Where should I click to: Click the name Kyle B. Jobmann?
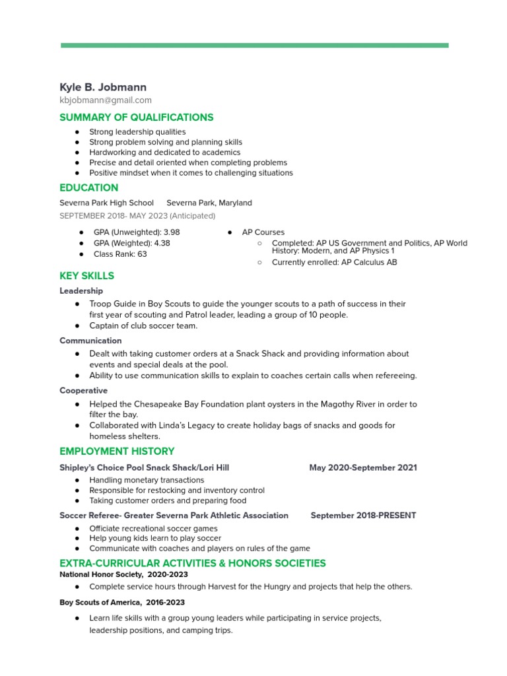103,87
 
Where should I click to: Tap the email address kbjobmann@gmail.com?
106,100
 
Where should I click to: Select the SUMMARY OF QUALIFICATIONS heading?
137,118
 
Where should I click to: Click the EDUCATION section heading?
89,187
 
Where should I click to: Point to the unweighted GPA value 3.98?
171,232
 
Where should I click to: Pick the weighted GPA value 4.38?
162,243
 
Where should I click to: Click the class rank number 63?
142,253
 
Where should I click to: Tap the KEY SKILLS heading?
86,276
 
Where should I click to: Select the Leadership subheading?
81,290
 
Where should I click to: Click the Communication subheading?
90,341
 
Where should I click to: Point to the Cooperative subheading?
83,391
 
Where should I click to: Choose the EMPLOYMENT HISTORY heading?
117,452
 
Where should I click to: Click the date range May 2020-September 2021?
363,467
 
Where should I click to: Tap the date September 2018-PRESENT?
363,516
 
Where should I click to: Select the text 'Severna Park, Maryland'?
209,203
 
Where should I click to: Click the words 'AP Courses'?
263,232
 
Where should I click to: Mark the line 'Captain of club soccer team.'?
143,325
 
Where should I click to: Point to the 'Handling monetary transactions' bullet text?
147,480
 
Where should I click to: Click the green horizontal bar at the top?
254,46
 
